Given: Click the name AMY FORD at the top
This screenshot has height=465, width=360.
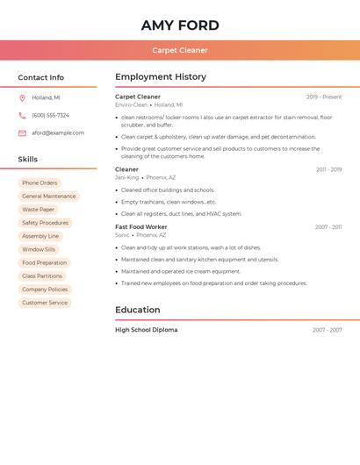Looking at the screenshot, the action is (x=180, y=25).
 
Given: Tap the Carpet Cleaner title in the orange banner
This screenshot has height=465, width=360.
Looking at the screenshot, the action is (x=180, y=50).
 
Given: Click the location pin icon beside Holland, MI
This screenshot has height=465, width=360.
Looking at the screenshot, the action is (x=22, y=98).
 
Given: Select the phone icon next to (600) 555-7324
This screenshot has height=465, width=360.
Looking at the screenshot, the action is (x=22, y=116).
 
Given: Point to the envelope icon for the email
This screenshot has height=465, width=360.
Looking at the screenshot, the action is (x=22, y=133).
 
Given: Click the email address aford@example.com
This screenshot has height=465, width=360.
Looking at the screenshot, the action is (x=58, y=133).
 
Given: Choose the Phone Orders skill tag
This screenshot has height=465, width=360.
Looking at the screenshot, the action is (x=40, y=183).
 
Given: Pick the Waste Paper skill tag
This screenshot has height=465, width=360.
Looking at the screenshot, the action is (x=38, y=210).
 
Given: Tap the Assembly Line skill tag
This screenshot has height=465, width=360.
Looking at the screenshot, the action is (x=40, y=236).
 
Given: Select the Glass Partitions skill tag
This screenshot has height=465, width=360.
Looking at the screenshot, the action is (x=42, y=276).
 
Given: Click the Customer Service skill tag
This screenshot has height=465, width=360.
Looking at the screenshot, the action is (x=45, y=303).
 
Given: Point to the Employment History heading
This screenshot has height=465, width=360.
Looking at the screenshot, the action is (x=161, y=77).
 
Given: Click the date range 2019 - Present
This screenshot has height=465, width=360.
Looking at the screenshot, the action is (x=324, y=97).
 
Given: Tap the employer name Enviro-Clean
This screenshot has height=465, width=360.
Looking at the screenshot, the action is (x=131, y=105).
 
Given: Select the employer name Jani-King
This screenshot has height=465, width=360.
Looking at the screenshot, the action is (x=126, y=177).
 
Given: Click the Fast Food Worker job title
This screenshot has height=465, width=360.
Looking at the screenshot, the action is (x=140, y=227).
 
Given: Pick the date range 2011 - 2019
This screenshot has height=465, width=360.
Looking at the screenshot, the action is (x=328, y=170).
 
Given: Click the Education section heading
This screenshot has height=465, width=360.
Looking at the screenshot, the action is (x=138, y=310).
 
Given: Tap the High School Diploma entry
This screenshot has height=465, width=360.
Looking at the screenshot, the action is (x=146, y=330).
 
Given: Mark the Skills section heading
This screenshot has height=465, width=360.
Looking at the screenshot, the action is (x=28, y=160).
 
